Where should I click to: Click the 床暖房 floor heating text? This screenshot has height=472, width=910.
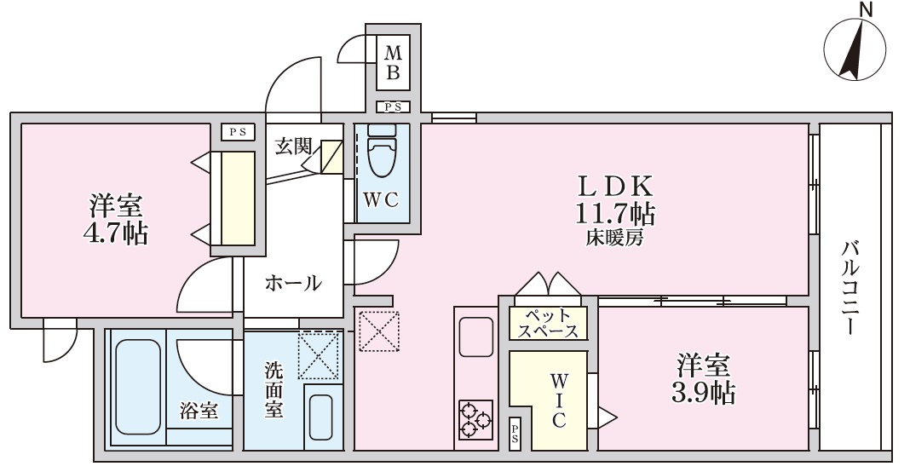[614, 239]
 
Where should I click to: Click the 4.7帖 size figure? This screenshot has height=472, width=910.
[117, 233]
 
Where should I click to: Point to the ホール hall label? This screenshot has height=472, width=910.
[294, 283]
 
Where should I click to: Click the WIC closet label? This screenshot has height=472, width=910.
[559, 398]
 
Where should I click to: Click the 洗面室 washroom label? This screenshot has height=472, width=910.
[274, 389]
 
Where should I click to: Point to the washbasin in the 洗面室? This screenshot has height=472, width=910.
[321, 417]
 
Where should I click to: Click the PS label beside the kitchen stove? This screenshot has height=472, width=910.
[515, 434]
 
